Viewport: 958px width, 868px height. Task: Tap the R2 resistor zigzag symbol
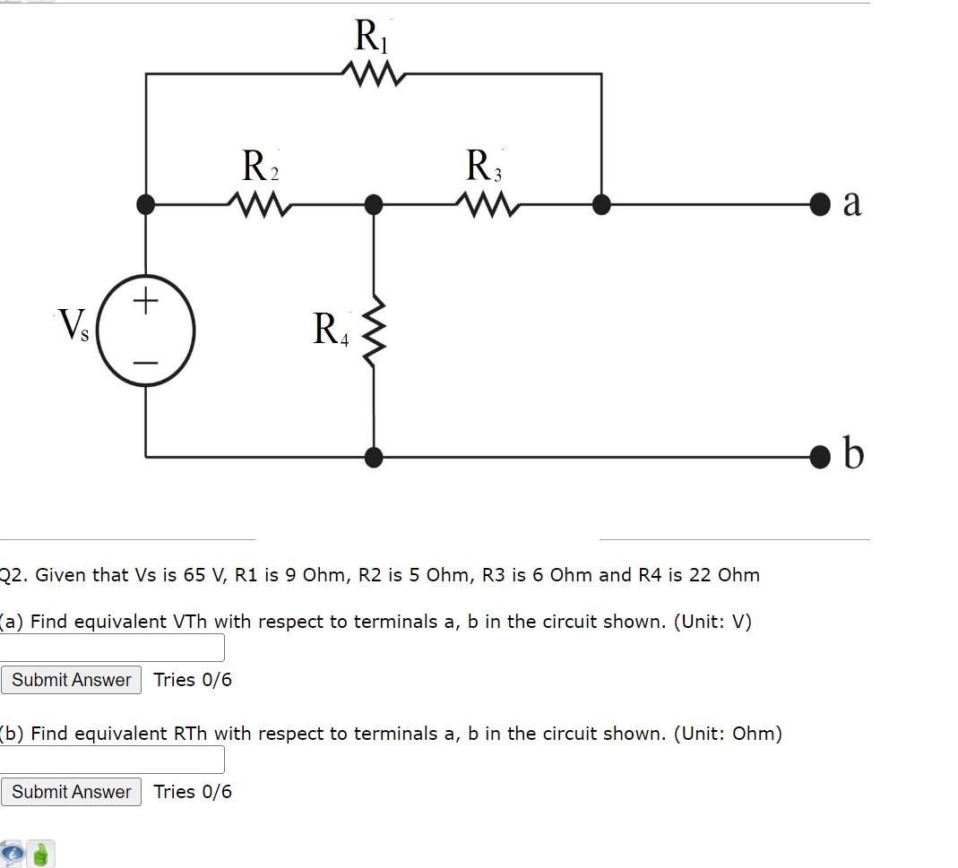(x=257, y=205)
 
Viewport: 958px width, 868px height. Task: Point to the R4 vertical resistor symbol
(x=374, y=329)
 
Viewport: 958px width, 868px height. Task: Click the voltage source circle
(x=145, y=330)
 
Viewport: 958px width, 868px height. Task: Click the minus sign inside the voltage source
(x=146, y=362)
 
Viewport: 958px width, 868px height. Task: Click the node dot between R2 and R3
(x=374, y=205)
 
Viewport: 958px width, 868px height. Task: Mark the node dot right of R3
(x=601, y=205)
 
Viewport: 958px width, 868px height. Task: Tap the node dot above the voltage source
(x=146, y=205)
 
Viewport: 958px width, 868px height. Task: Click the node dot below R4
(x=374, y=457)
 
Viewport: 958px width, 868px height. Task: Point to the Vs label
(x=73, y=325)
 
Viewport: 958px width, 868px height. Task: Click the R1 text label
(x=369, y=37)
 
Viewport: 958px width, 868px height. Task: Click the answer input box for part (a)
(x=112, y=647)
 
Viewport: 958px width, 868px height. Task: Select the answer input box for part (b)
(x=112, y=759)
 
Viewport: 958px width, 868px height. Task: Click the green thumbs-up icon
(x=41, y=854)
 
